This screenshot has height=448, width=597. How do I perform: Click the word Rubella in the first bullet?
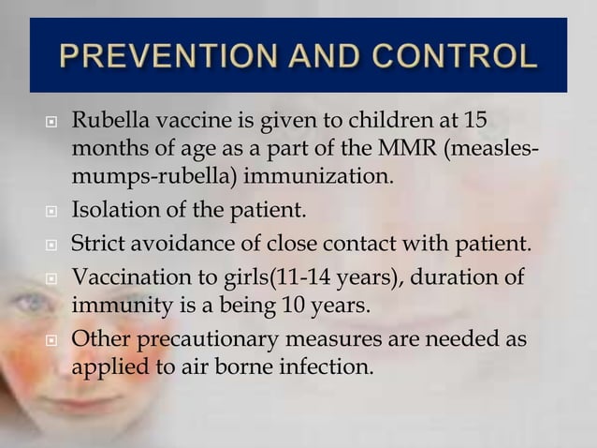(107, 123)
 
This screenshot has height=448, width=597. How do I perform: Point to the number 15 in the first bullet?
(476, 123)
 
